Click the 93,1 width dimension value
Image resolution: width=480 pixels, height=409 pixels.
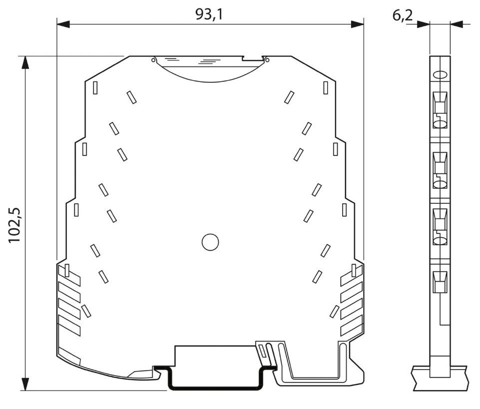[x=209, y=14]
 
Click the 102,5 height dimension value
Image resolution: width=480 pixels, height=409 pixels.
[x=14, y=225]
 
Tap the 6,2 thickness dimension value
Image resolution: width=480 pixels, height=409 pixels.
[x=403, y=15]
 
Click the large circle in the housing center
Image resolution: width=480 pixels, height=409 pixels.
[x=210, y=242]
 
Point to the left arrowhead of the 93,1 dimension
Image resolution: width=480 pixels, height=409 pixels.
[x=63, y=24]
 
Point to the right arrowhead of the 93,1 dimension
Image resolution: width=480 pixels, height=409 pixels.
[x=357, y=24]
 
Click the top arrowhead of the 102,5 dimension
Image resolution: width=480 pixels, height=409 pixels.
[x=25, y=62]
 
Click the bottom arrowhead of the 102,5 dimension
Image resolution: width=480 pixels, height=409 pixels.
[x=25, y=384]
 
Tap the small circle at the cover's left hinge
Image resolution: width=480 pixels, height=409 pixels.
[x=153, y=60]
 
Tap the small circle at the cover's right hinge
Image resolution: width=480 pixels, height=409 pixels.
[x=267, y=60]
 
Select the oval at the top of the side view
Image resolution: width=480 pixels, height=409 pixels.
[x=440, y=75]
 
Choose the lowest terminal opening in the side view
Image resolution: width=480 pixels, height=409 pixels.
[x=440, y=282]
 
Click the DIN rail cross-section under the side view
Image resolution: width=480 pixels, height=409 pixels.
[x=440, y=378]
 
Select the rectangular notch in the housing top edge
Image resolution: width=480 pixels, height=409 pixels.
[x=253, y=58]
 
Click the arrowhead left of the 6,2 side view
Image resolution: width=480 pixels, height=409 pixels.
[x=424, y=24]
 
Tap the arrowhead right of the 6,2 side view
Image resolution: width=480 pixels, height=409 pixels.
[x=457, y=24]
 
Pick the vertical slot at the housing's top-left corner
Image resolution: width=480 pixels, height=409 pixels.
[x=95, y=88]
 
